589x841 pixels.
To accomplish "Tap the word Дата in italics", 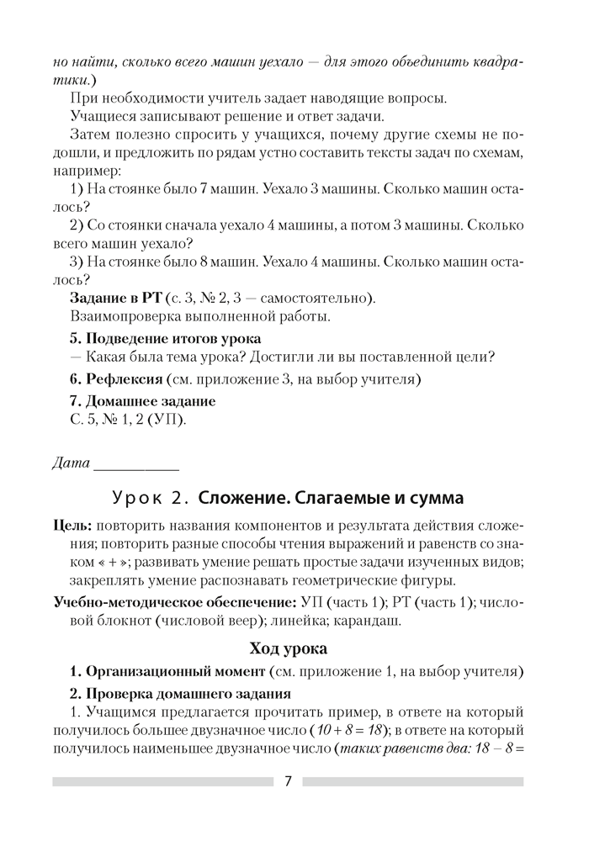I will click(70, 462).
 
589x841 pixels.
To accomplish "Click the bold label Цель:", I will click(71, 526).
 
